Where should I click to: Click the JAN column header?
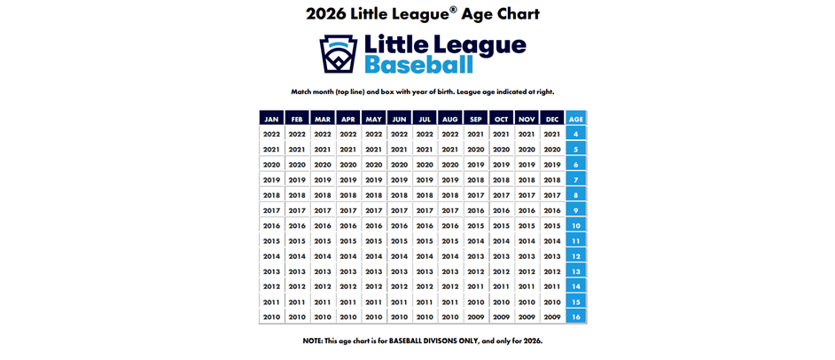point(271,119)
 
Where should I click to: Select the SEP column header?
point(475,119)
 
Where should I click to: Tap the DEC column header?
point(551,119)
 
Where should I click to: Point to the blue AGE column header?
point(576,119)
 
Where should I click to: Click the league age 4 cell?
point(576,134)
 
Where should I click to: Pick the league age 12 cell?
point(576,256)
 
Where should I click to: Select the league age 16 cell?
point(576,317)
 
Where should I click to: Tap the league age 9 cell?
point(576,210)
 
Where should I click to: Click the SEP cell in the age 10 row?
point(475,226)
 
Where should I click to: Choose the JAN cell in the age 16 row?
point(271,317)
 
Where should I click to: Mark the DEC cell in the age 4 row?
point(551,134)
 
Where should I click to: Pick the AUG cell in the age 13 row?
point(450,271)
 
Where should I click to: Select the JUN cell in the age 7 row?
point(399,180)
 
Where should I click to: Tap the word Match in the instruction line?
point(302,91)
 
